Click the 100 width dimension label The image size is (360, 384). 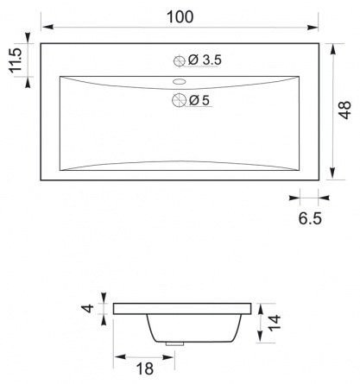click(x=180, y=16)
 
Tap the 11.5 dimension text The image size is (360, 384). click(x=16, y=60)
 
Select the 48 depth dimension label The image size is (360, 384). click(x=344, y=110)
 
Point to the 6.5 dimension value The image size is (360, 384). click(x=310, y=218)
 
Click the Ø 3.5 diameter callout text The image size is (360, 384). click(x=205, y=60)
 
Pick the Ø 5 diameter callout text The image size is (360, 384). click(x=199, y=100)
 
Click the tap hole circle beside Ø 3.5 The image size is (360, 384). click(x=179, y=60)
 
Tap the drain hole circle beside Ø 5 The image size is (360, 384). click(x=179, y=100)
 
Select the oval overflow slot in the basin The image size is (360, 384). click(x=180, y=82)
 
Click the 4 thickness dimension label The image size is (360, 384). click(x=88, y=308)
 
